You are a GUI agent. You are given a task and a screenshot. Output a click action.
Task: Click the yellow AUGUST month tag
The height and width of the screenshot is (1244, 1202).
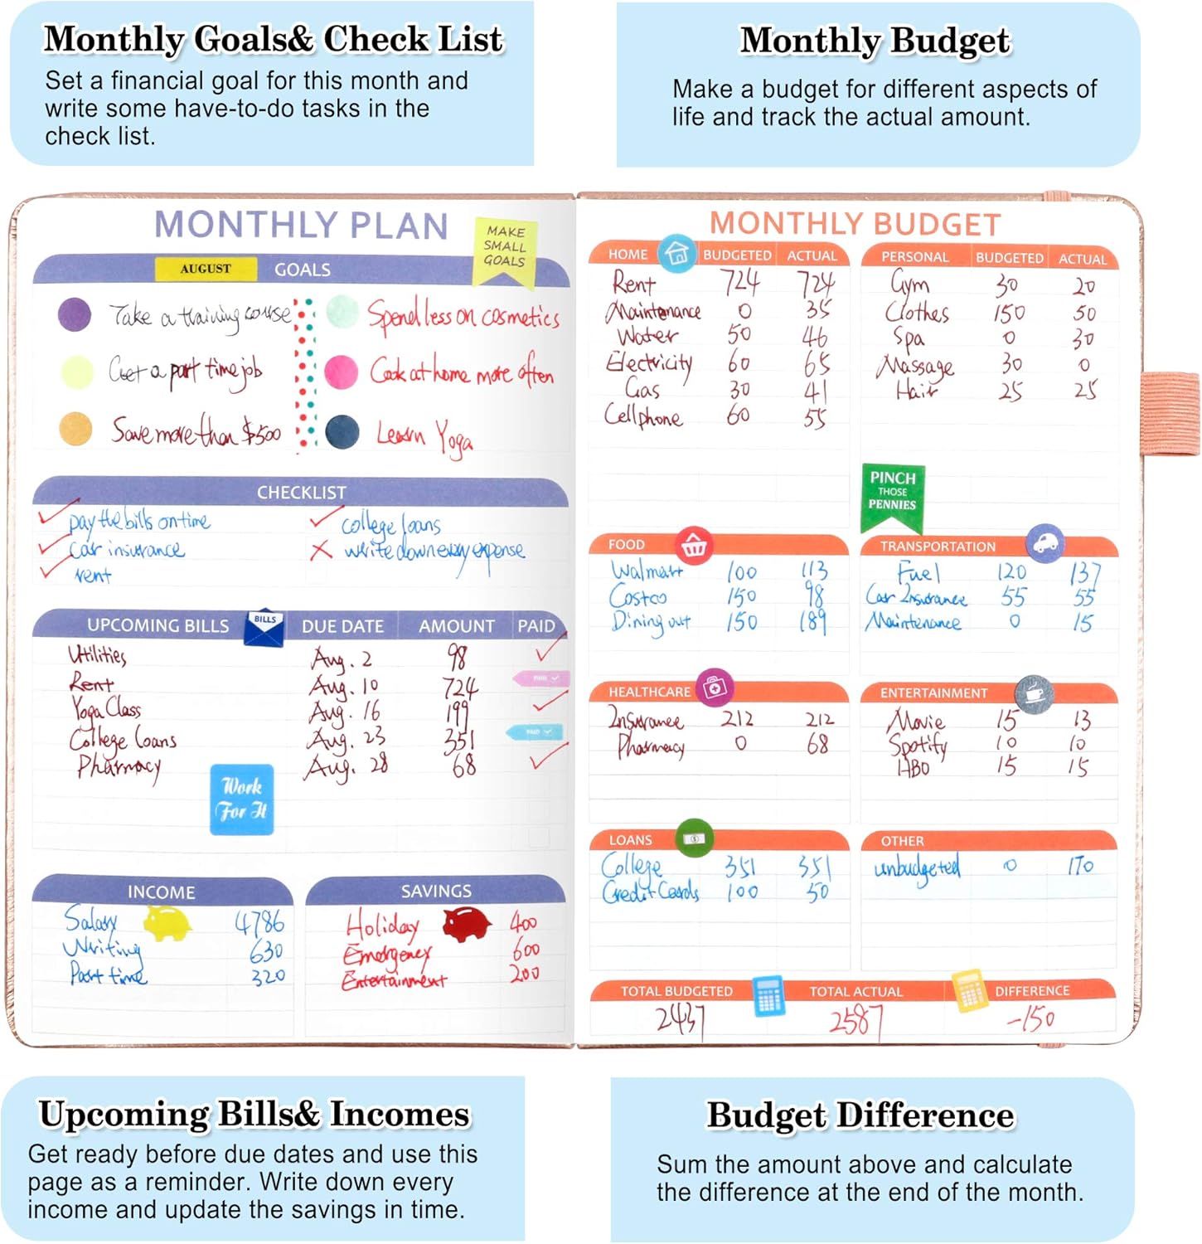[x=206, y=269]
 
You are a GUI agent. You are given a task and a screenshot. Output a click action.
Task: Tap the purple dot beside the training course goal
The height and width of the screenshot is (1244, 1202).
[x=75, y=315]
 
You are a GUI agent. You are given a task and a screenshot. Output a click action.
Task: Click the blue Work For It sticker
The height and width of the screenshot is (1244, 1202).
[x=241, y=799]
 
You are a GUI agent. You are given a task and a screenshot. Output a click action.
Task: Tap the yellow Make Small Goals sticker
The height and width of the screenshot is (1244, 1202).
[x=505, y=249]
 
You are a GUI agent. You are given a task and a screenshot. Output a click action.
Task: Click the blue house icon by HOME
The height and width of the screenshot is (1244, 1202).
[x=677, y=253]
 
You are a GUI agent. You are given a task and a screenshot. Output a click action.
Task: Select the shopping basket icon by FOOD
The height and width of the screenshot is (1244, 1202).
[x=694, y=546]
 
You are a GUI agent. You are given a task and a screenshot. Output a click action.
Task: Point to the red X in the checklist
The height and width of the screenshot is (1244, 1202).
[x=321, y=550]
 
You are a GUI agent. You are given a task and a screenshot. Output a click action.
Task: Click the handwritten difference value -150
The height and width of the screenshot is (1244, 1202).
[x=1030, y=1018]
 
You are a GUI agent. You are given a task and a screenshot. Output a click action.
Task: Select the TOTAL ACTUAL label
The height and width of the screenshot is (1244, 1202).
[x=855, y=991]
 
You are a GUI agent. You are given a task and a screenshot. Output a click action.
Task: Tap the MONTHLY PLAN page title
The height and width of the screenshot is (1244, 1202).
[x=301, y=226]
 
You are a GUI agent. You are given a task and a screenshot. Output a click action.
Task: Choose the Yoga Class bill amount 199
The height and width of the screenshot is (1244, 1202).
[x=457, y=713]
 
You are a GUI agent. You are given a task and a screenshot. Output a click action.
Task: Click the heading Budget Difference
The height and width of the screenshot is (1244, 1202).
[x=860, y=1115]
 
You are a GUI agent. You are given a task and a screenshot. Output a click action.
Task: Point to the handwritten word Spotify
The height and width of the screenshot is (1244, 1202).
[x=918, y=745]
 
